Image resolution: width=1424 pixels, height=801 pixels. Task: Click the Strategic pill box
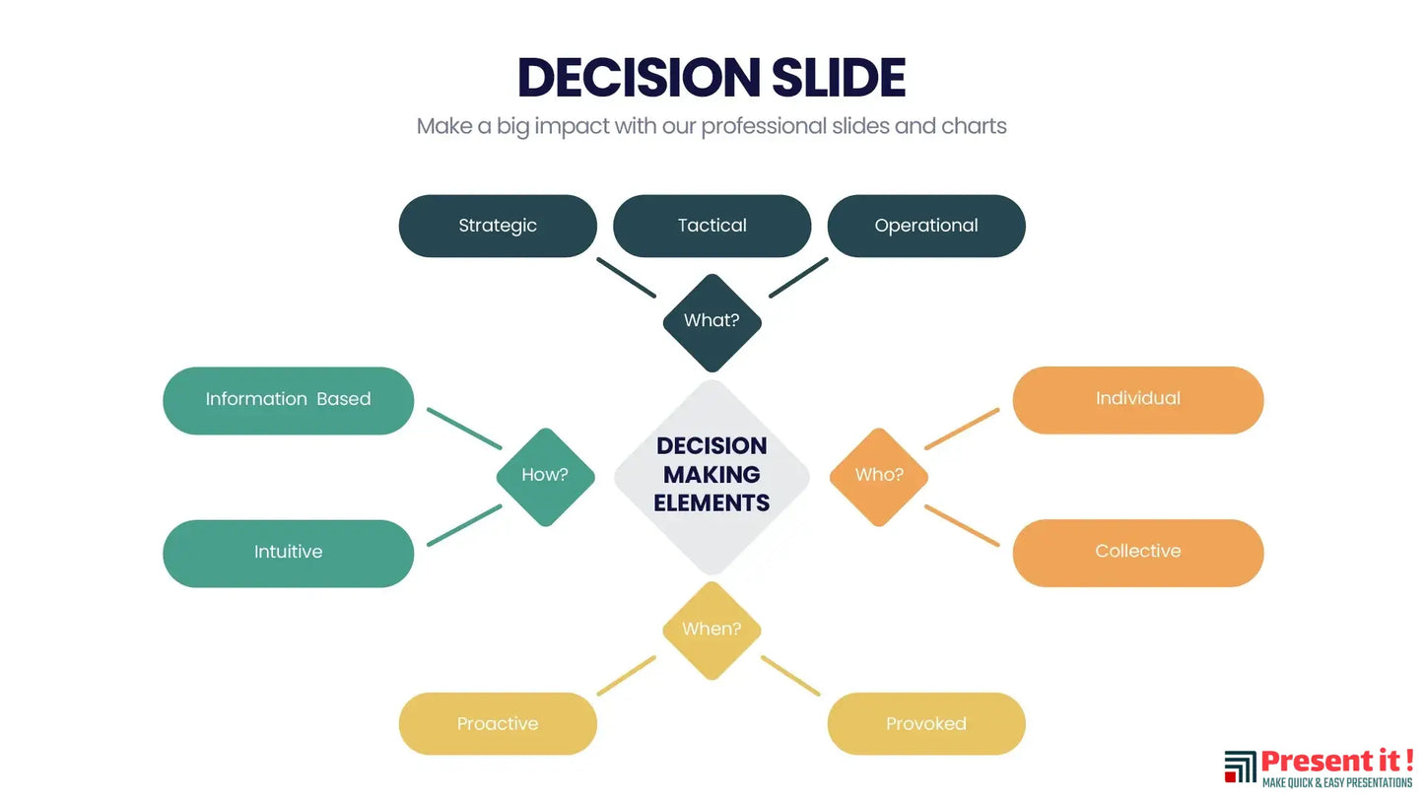498,226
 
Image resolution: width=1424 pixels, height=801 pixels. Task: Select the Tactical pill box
712,226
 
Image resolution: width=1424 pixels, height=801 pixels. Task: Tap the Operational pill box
925,226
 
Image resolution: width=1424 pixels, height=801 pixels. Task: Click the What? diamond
712,322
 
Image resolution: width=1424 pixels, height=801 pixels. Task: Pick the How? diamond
545,476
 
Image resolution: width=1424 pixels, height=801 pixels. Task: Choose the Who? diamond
878,476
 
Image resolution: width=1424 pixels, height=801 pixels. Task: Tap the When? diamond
712,630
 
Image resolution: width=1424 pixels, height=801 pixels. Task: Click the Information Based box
288,400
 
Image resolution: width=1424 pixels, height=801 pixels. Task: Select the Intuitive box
288,553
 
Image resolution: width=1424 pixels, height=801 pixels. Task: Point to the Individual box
1137,399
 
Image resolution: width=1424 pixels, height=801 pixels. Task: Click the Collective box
1137,552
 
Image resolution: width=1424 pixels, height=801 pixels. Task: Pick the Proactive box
498,724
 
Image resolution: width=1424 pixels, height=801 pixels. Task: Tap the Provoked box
925,724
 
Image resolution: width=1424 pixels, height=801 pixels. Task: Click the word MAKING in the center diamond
712,475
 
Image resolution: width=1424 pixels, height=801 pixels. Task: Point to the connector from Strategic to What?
626,278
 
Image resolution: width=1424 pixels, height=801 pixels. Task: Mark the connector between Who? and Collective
961,525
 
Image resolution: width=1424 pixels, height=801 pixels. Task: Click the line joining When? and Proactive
626,676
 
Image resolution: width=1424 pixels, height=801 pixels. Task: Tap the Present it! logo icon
1240,767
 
